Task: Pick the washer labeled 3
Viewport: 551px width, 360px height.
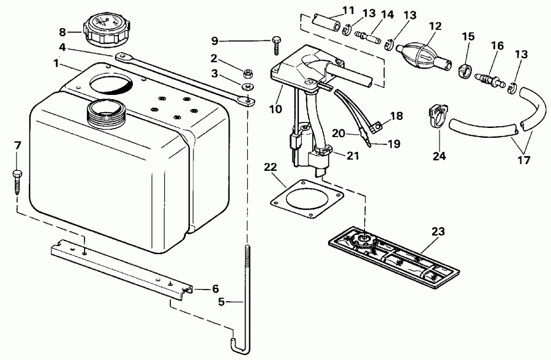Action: click(249, 86)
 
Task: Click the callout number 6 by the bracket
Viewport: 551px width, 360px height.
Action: click(215, 288)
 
